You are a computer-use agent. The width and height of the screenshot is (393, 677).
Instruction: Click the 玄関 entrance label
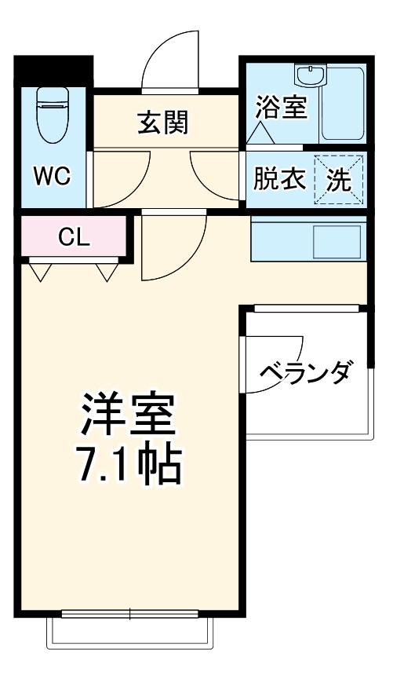pyautogui.click(x=164, y=123)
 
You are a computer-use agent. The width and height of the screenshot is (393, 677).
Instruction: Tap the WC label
pyautogui.click(x=52, y=176)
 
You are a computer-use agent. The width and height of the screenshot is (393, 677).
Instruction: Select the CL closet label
pyautogui.click(x=74, y=236)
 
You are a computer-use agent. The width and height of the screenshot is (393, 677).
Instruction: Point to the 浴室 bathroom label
pyautogui.click(x=280, y=108)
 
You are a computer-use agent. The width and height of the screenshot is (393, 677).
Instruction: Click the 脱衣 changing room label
pyautogui.click(x=278, y=180)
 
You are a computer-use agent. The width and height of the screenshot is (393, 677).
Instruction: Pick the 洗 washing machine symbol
pyautogui.click(x=339, y=181)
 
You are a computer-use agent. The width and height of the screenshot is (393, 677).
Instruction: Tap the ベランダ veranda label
pyautogui.click(x=305, y=370)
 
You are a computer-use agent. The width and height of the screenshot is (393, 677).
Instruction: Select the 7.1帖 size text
pyautogui.click(x=127, y=466)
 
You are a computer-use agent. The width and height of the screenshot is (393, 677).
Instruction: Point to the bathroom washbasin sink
pyautogui.click(x=310, y=76)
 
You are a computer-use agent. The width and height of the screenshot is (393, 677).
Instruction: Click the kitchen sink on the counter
pyautogui.click(x=337, y=241)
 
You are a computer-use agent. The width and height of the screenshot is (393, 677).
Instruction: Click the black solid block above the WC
pyautogui.click(x=53, y=69)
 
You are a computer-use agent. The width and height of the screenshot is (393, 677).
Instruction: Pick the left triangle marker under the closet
pyautogui.click(x=41, y=272)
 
